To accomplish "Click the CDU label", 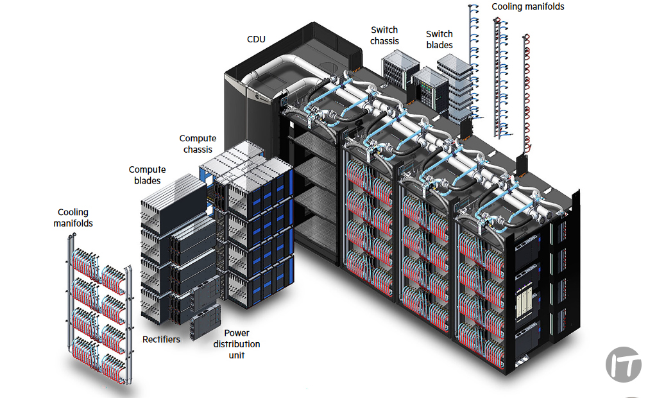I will click(256, 40).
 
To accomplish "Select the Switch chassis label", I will click(384, 35).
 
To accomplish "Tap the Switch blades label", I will click(439, 40).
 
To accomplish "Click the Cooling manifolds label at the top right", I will click(528, 6).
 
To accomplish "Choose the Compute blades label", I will click(147, 175).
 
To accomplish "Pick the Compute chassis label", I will click(198, 144).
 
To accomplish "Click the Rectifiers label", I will click(161, 338).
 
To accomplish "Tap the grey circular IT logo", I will click(623, 365).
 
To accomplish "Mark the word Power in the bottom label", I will click(237, 333).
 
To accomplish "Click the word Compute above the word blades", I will click(147, 170).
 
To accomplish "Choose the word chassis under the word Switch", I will click(384, 41).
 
